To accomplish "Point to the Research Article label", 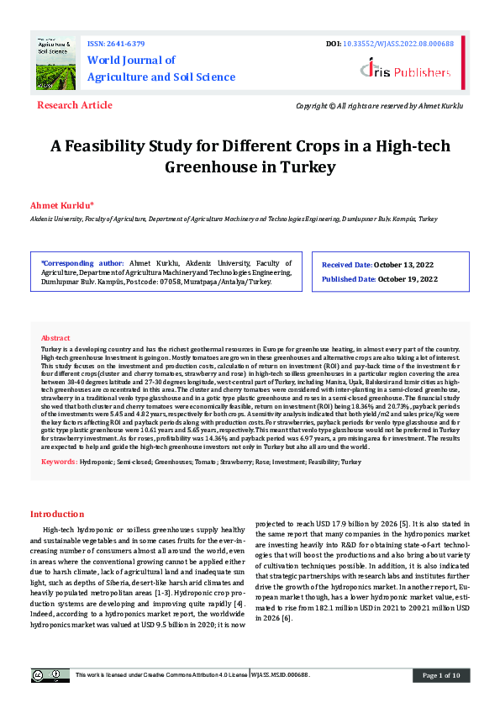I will pos(74,105).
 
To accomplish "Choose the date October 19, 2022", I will pos(408,279).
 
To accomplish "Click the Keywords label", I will pos(60,462).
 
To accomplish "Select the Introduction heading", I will pos(57,514).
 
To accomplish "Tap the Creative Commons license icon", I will pos(50,675).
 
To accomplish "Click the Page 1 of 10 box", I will pos(440,675).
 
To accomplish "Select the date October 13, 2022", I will pos(408,265).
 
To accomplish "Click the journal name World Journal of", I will pos(131,60).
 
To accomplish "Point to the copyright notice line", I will pos(380,106).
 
